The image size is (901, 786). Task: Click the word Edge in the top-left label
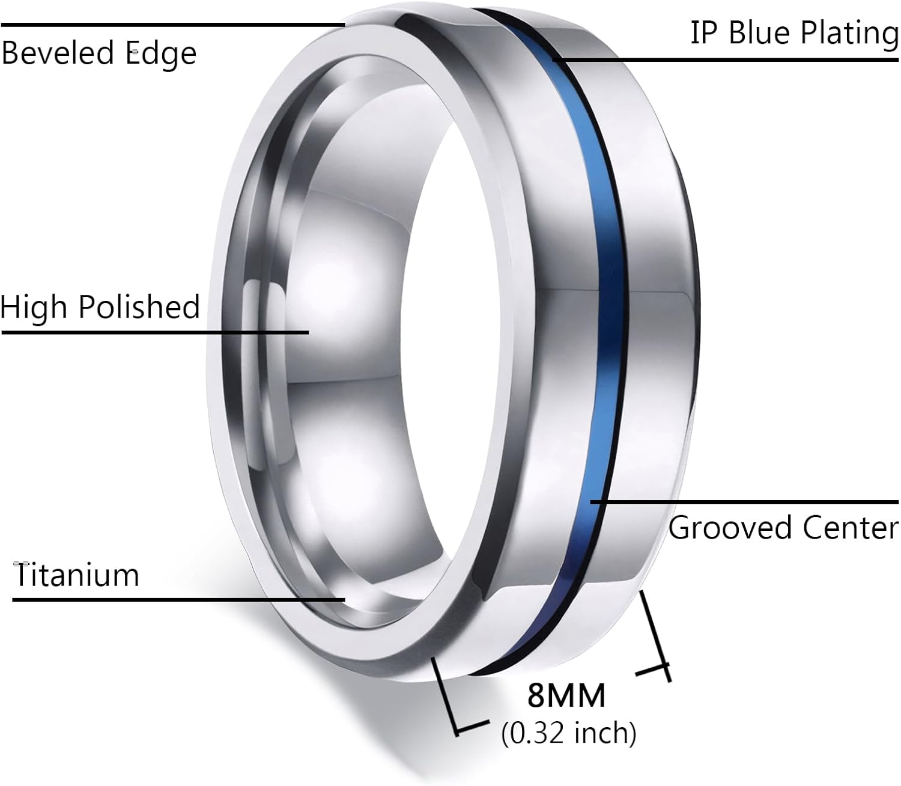point(161,54)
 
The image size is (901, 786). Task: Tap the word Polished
point(139,307)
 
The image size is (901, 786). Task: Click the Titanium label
point(76,575)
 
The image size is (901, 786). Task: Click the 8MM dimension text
point(567,696)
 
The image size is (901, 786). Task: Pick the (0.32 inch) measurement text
point(568,733)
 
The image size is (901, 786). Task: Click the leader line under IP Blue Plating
point(721,59)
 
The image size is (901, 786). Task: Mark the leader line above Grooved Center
point(745,501)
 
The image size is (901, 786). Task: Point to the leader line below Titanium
point(180,599)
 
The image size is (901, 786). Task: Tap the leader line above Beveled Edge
point(174,25)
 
